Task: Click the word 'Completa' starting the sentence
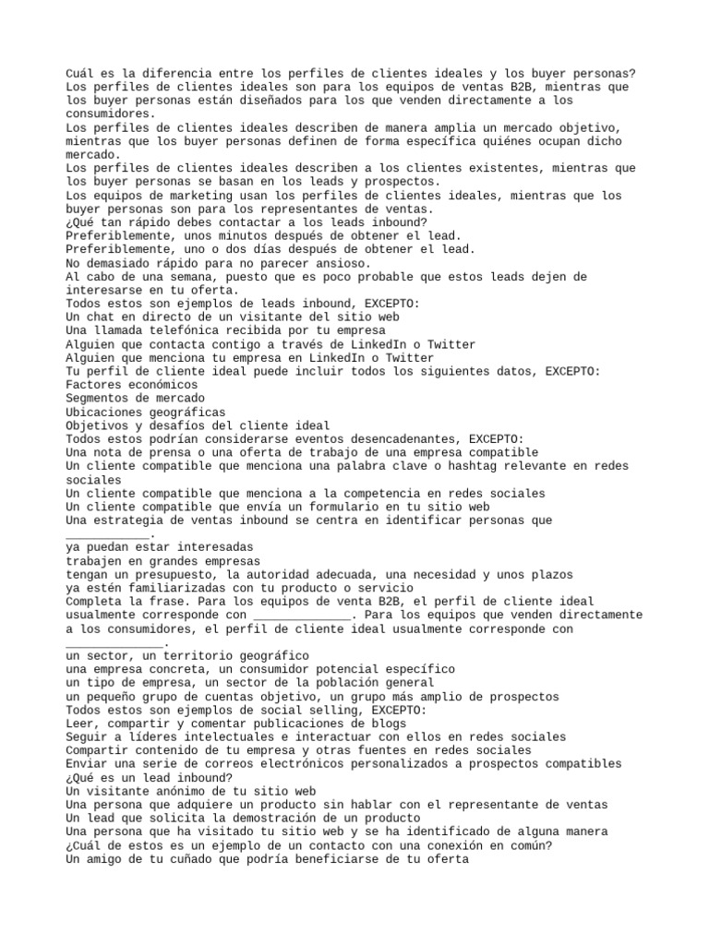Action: click(x=93, y=601)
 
